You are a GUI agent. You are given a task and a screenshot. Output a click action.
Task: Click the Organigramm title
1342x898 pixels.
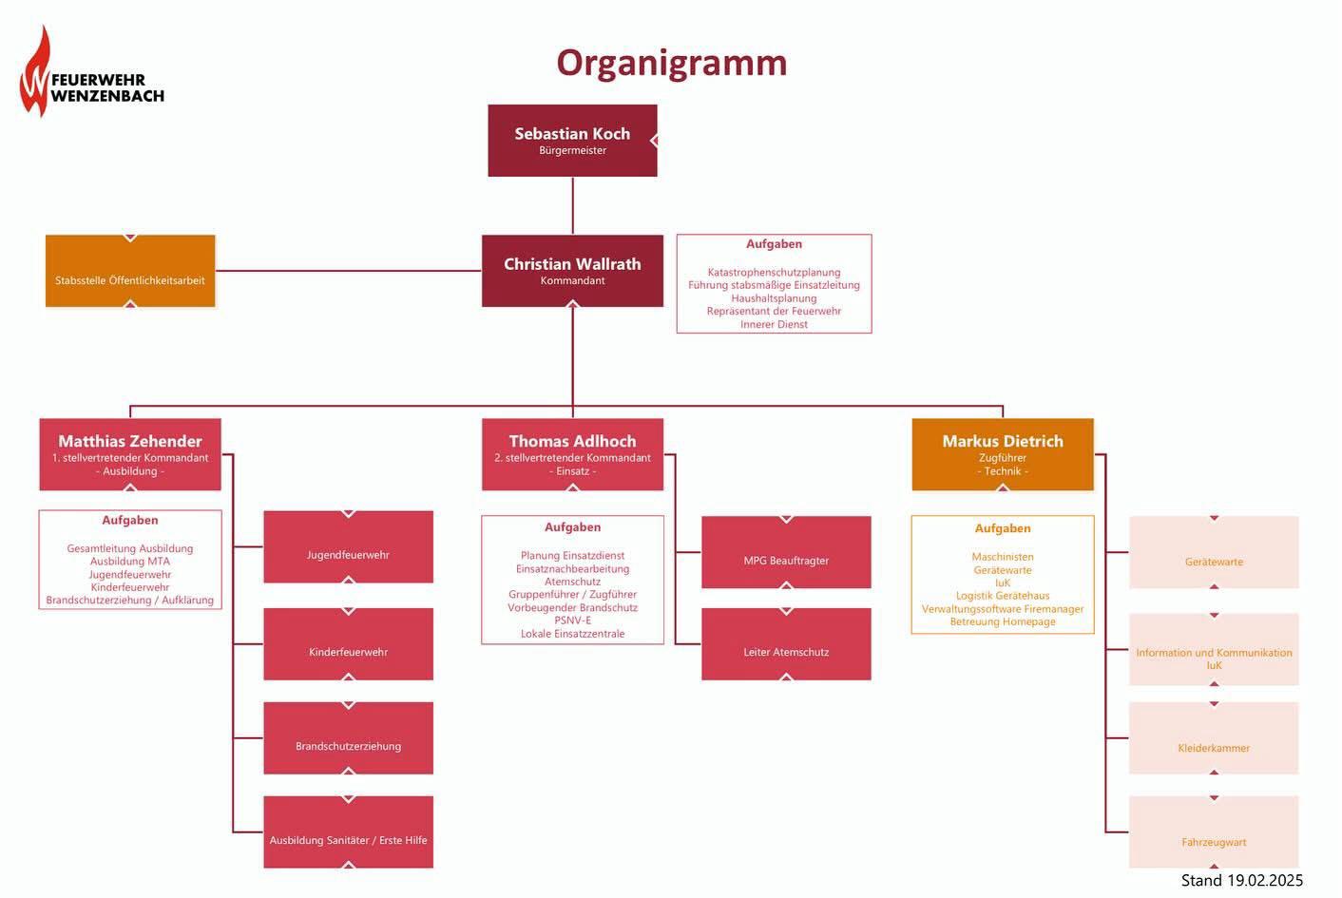[671, 63]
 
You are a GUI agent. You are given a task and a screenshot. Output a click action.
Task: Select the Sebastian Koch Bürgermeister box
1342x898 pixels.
[572, 141]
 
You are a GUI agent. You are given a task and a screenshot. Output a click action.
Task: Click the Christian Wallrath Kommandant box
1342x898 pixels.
[572, 271]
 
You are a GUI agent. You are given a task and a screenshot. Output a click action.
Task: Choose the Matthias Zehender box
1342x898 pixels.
[130, 454]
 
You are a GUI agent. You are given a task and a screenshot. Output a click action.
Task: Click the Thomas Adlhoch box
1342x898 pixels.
[572, 454]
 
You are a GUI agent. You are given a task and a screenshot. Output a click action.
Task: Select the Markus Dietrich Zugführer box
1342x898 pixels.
[1003, 454]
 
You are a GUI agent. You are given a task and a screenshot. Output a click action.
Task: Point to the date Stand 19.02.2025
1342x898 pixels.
[1241, 881]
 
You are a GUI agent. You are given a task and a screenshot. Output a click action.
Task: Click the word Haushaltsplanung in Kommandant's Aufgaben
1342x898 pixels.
[774, 298]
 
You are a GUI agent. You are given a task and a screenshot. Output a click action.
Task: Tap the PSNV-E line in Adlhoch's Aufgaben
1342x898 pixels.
[572, 621]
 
